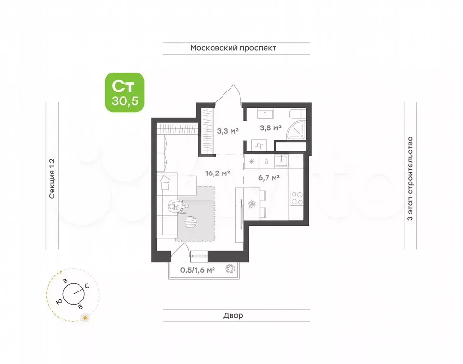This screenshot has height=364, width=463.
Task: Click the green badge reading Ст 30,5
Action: click(x=124, y=92)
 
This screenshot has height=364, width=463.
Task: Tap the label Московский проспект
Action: click(x=233, y=48)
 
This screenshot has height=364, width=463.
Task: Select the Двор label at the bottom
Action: click(x=233, y=315)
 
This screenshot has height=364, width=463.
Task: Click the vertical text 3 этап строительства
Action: click(x=410, y=179)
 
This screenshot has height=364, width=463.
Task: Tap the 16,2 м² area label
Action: click(x=218, y=173)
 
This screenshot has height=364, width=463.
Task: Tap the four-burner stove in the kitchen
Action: click(x=297, y=198)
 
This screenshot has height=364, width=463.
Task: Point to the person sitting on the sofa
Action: click(x=177, y=205)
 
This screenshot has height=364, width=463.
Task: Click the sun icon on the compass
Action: click(x=85, y=318)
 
